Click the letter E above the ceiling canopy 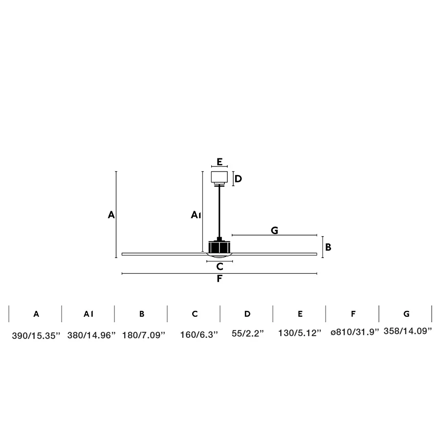click(220, 162)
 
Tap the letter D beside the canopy click(238, 179)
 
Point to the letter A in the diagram click(111, 215)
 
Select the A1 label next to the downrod click(196, 215)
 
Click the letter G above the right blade click(274, 230)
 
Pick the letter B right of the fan click(328, 247)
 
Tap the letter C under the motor click(220, 266)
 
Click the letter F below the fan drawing click(220, 278)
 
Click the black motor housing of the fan click(219, 247)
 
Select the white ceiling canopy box click(219, 177)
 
